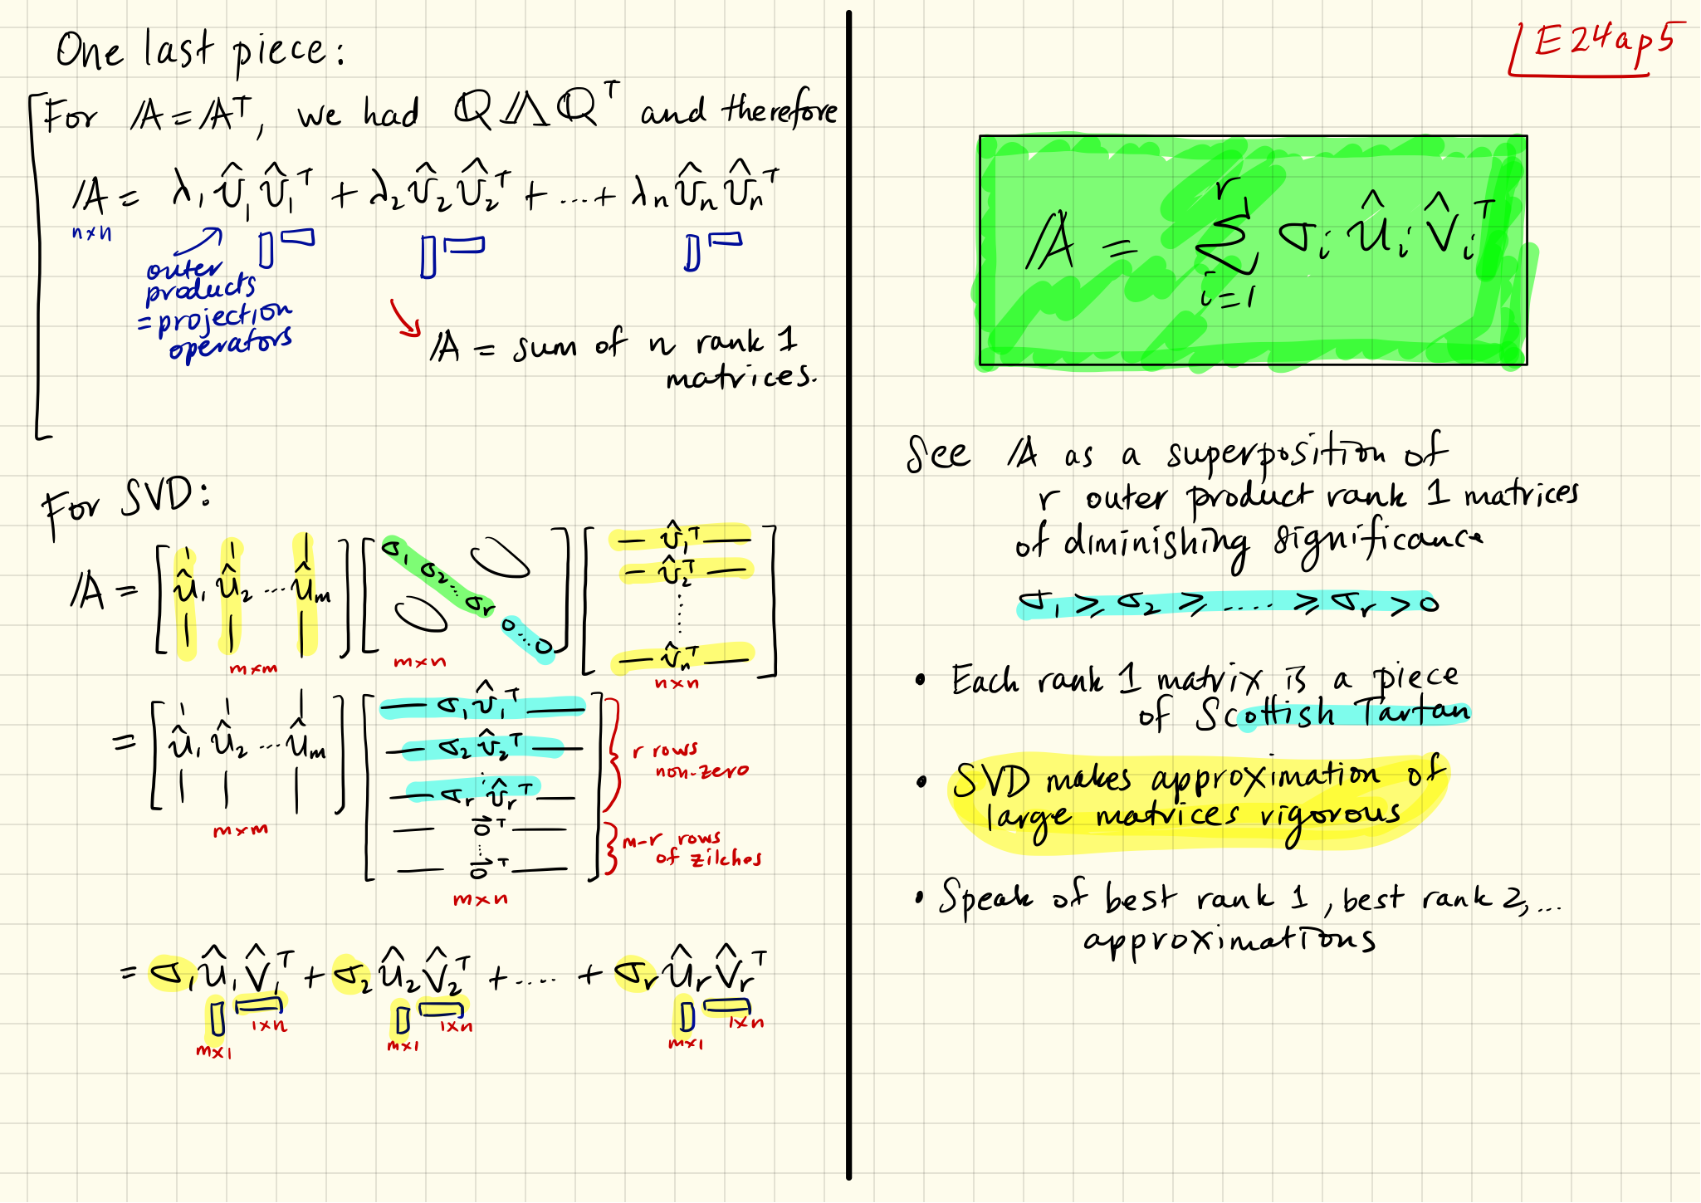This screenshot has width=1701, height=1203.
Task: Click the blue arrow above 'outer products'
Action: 199,242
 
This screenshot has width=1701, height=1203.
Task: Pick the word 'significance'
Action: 1378,544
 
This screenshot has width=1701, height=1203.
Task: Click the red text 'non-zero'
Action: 701,771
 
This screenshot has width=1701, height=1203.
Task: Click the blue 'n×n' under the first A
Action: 91,233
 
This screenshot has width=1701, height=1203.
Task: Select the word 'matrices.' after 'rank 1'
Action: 741,379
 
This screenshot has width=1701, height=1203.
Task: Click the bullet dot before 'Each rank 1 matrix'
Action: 920,681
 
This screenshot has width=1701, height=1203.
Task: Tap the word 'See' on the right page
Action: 938,454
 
